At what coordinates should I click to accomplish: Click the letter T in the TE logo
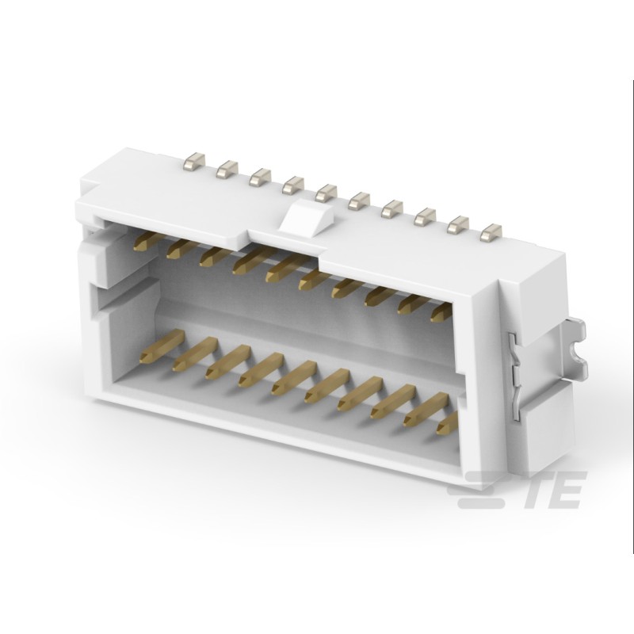(539, 490)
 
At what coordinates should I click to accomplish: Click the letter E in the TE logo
(568, 490)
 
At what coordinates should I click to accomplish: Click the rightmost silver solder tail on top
(491, 231)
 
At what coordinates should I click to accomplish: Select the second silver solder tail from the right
(458, 224)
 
